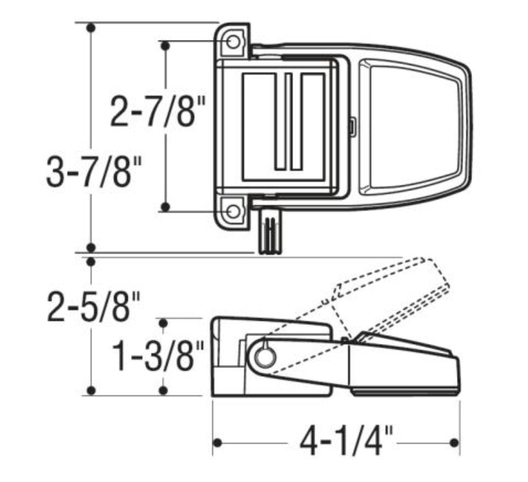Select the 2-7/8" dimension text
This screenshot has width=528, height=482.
pyautogui.click(x=154, y=111)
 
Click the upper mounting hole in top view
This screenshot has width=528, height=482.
pyautogui.click(x=233, y=42)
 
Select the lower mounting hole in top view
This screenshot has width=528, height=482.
pyautogui.click(x=233, y=211)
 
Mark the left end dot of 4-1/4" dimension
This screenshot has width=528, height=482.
pyautogui.click(x=218, y=443)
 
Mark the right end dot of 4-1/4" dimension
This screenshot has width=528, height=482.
pyautogui.click(x=454, y=443)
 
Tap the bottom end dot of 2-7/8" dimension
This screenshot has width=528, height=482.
pyautogui.click(x=164, y=207)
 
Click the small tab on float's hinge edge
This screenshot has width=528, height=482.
pyautogui.click(x=351, y=127)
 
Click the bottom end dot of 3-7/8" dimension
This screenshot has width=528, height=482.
pyautogui.click(x=92, y=247)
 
